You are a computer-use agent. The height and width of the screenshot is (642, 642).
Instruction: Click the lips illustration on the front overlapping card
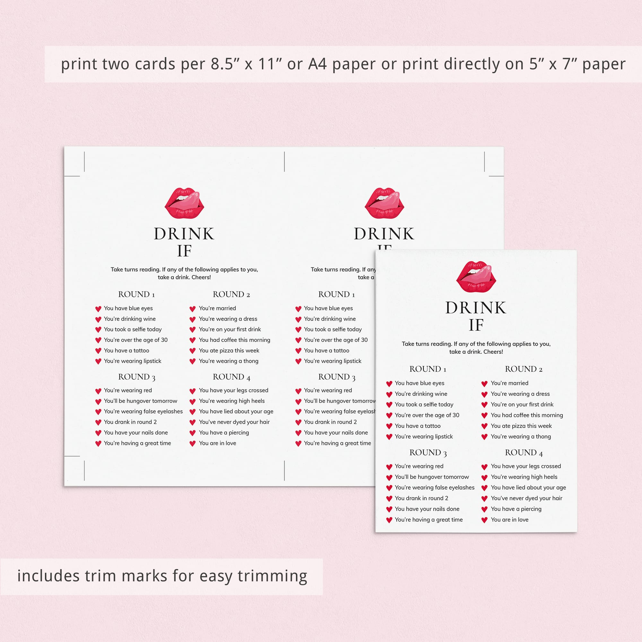(x=476, y=277)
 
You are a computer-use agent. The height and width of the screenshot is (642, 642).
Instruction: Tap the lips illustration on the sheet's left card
(x=185, y=203)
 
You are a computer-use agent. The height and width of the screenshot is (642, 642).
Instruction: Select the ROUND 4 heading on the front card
(x=524, y=453)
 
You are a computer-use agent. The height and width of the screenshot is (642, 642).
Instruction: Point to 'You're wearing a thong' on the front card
(x=521, y=437)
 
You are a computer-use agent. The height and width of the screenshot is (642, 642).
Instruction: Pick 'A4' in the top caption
(x=317, y=64)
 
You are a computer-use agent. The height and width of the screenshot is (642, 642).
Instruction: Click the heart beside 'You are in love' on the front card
(x=484, y=520)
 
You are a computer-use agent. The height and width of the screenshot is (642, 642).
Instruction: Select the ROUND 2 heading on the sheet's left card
(x=231, y=294)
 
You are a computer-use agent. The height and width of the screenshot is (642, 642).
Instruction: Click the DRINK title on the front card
(x=476, y=308)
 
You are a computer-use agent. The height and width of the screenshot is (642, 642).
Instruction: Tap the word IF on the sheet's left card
(x=185, y=251)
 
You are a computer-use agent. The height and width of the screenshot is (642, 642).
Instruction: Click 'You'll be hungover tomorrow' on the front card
(x=432, y=477)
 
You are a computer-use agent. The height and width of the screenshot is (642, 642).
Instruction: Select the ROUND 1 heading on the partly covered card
(x=336, y=294)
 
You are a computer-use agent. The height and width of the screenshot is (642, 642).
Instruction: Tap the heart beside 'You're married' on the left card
(x=192, y=309)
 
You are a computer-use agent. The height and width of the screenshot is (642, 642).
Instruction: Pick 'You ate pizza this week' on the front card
(x=521, y=426)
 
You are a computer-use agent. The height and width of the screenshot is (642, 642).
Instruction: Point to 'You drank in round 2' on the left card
(x=130, y=422)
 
